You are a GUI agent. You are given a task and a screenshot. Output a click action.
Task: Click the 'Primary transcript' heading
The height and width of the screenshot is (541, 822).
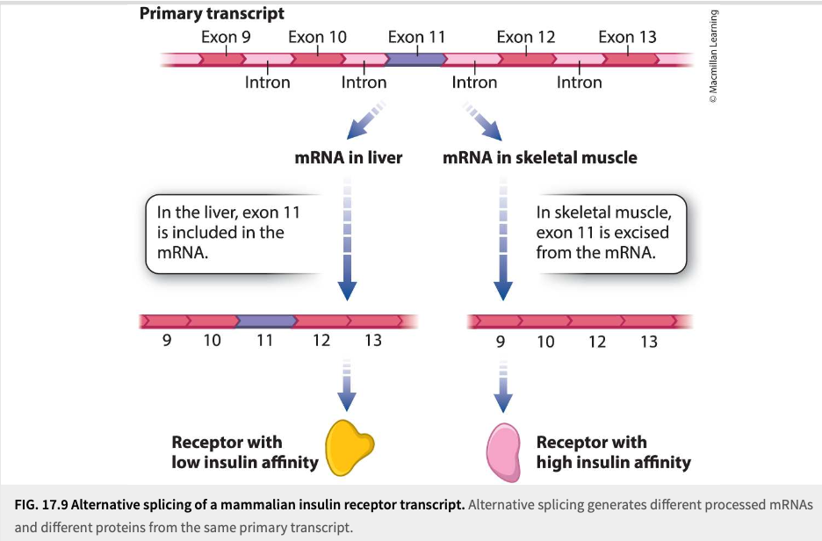click(212, 14)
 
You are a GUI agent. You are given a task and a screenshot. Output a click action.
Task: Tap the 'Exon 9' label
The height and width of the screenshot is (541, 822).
click(226, 37)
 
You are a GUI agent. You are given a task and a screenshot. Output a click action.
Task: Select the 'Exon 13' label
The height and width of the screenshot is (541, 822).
click(628, 37)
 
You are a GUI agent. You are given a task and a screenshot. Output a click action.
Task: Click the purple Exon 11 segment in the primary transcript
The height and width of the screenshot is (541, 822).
click(415, 59)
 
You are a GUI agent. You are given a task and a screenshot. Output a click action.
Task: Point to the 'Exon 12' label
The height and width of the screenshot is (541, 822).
click(526, 37)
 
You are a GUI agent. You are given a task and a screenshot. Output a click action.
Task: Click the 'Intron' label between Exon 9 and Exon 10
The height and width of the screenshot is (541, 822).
click(267, 83)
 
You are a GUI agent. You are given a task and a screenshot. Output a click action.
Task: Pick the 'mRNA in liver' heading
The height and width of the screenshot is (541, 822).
click(349, 157)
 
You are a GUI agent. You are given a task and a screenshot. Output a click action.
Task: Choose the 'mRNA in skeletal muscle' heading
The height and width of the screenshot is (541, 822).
click(540, 157)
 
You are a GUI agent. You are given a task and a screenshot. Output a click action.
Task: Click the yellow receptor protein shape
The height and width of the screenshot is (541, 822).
click(350, 447)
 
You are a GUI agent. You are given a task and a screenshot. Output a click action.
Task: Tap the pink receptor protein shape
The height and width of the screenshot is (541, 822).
click(503, 452)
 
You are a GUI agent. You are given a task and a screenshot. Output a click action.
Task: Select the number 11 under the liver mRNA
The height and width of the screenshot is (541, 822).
click(264, 340)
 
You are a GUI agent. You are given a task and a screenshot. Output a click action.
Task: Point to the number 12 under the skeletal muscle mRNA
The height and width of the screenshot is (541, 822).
click(597, 342)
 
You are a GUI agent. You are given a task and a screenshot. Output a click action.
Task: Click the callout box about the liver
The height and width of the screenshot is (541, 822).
click(234, 234)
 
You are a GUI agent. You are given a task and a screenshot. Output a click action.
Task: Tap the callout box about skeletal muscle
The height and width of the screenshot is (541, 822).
click(608, 234)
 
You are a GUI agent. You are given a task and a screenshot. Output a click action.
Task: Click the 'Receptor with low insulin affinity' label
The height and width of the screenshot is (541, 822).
click(245, 452)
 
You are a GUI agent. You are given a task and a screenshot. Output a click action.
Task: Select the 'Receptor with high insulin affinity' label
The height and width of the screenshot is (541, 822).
click(613, 452)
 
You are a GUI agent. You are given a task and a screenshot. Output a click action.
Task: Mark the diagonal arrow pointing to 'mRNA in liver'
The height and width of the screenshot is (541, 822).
click(366, 120)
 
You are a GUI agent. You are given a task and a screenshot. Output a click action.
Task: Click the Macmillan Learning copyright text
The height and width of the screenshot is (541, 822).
click(713, 56)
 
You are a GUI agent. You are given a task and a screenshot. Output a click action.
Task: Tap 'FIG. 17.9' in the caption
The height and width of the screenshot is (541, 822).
click(41, 505)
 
